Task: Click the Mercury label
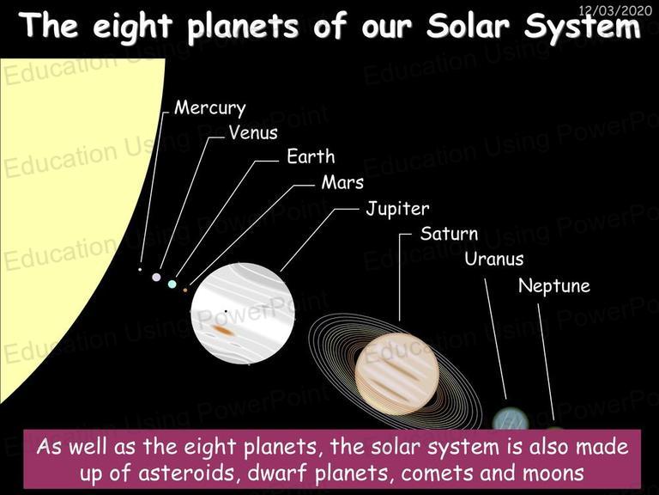tap(209, 108)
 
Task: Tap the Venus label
tap(253, 132)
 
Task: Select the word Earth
tap(311, 156)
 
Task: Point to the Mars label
tap(342, 182)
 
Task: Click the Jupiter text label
tap(397, 209)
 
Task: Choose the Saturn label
tap(450, 234)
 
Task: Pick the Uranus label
tap(494, 259)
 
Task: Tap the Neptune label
tap(554, 286)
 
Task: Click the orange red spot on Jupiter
tap(223, 330)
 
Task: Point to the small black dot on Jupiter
tap(226, 311)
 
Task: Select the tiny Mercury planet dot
tap(140, 269)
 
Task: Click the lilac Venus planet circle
tap(156, 277)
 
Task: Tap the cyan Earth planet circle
tap(172, 284)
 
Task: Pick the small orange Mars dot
tap(185, 290)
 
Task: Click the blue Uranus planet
tap(511, 419)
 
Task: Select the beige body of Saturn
tap(397, 374)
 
